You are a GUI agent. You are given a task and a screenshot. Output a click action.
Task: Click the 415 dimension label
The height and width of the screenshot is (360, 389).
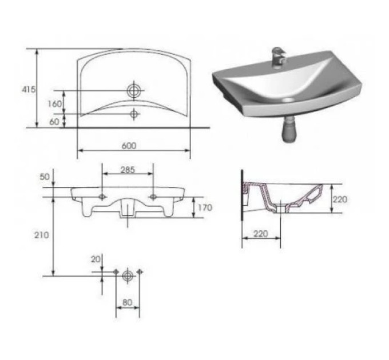[x=29, y=90]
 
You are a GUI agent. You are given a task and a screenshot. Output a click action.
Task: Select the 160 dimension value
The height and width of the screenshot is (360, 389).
[x=54, y=104]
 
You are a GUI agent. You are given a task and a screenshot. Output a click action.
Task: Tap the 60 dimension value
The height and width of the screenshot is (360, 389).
[x=54, y=122]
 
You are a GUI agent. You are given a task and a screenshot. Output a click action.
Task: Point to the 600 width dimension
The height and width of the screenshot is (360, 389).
[x=129, y=146]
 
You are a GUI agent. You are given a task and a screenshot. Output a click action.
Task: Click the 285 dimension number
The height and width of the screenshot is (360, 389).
[x=128, y=170]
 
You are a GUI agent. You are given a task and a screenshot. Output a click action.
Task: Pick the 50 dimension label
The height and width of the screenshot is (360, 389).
[x=45, y=177]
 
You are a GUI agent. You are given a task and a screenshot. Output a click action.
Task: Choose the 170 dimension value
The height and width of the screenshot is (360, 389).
[x=205, y=207]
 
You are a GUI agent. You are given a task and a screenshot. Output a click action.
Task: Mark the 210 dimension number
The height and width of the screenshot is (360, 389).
[x=41, y=235]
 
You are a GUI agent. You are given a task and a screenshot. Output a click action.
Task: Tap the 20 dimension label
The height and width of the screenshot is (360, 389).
[x=96, y=259]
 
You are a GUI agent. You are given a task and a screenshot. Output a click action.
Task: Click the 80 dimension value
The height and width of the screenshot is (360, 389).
[x=127, y=302]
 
